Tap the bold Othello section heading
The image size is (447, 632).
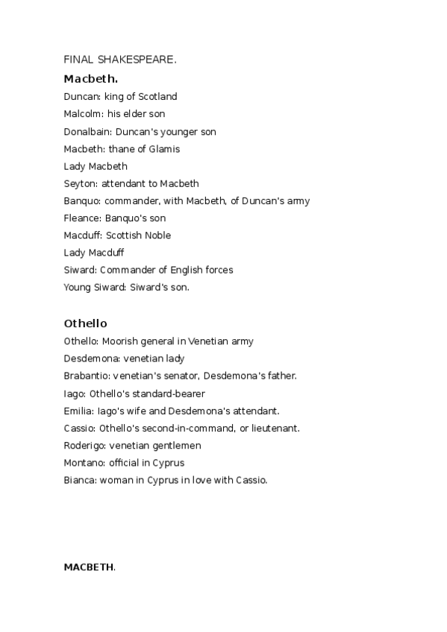coord(86,323)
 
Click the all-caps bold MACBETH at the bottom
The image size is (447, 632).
coord(89,567)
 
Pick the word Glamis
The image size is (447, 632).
coord(164,148)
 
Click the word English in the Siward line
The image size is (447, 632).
coord(189,270)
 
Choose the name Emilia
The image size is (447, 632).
coord(78,411)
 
